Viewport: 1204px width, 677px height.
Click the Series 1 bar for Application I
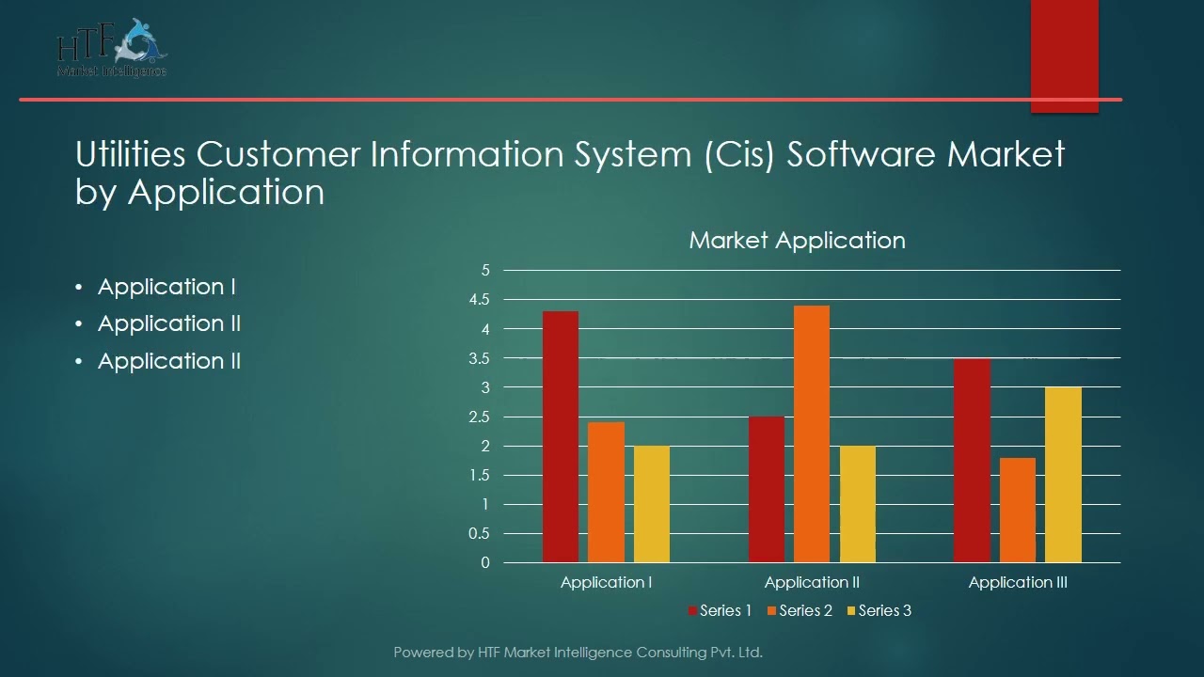561,437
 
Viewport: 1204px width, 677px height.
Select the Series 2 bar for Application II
812,434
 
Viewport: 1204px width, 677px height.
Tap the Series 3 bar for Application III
1063,475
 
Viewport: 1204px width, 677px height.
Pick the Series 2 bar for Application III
1018,511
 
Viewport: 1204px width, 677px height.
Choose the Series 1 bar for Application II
766,490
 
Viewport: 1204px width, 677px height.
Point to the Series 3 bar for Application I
652,504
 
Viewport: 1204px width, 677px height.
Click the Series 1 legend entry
721,611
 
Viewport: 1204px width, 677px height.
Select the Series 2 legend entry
800,611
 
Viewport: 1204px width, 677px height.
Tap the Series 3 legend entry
879,611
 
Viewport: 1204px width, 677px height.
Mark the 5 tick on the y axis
485,271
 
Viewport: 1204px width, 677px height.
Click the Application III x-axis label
1018,583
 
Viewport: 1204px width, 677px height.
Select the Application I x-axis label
607,583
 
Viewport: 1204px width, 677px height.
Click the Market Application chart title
797,241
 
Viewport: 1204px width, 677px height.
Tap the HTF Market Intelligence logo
112,49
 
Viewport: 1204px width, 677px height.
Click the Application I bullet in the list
166,287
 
